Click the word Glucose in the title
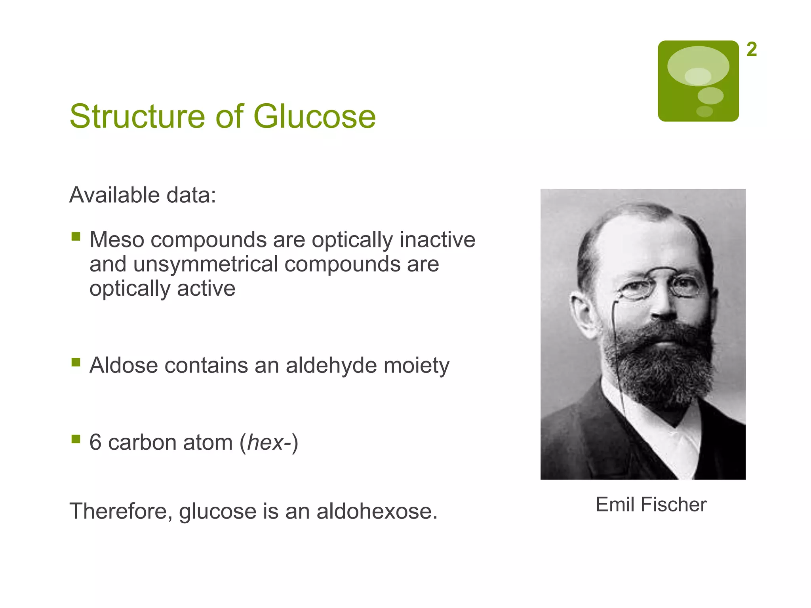pos(314,116)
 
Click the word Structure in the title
pos(137,116)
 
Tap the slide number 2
pos(751,50)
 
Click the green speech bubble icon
pos(698,81)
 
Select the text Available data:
pos(143,195)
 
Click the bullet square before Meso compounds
pos(76,237)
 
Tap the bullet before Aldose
pos(76,362)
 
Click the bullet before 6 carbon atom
pos(76,439)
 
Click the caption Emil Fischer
pos(651,505)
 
